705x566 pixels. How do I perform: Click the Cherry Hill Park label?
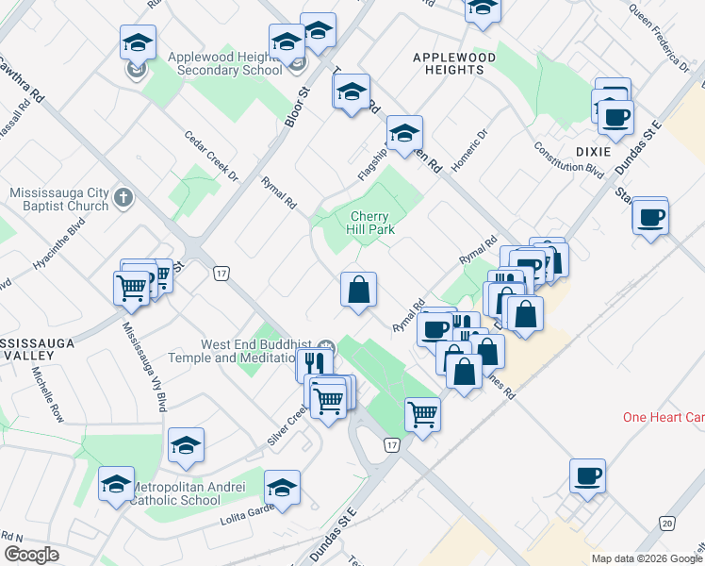pyautogui.click(x=371, y=222)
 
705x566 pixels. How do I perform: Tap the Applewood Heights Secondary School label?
pyautogui.click(x=224, y=63)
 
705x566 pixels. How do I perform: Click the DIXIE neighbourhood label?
pyautogui.click(x=589, y=152)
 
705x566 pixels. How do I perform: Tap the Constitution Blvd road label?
pyautogui.click(x=567, y=160)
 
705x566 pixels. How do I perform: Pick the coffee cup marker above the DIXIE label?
pyautogui.click(x=615, y=118)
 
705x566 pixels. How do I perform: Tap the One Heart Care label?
pyautogui.click(x=664, y=417)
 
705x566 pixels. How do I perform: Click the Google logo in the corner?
pyautogui.click(x=31, y=555)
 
